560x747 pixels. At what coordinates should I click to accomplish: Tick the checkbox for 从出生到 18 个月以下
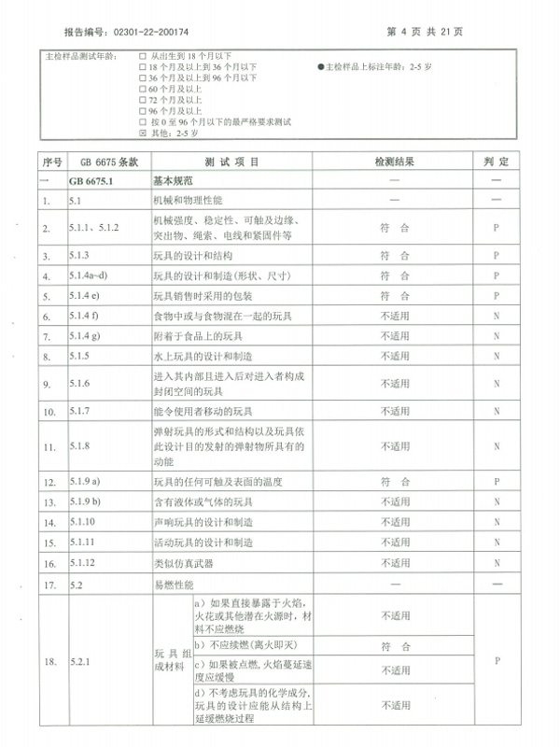[x=143, y=56]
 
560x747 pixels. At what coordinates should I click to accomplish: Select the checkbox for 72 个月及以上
[x=143, y=100]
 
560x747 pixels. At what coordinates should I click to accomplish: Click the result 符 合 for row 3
[x=395, y=254]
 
